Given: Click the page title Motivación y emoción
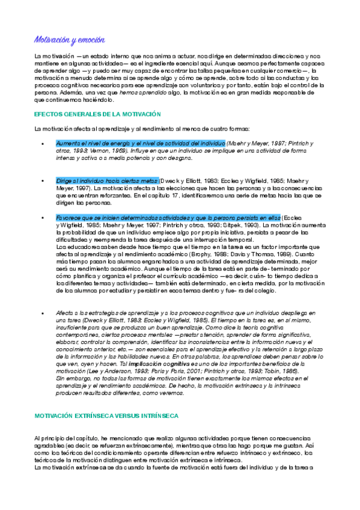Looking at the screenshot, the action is pyautogui.click(x=69, y=40).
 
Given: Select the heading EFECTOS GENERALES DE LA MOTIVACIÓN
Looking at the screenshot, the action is pyautogui.click(x=98, y=114).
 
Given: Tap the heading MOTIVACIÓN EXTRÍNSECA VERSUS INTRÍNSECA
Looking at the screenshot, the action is pyautogui.click(x=106, y=416).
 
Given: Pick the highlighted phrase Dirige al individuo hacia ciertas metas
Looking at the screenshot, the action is pyautogui.click(x=108, y=180).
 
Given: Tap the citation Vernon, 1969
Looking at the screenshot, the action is pyautogui.click(x=112, y=150).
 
